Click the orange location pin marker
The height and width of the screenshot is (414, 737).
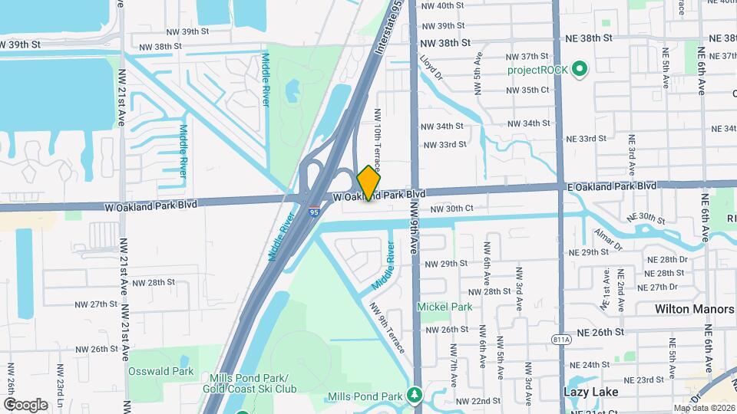pos(369,182)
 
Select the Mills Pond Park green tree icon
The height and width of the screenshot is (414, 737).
pos(415,395)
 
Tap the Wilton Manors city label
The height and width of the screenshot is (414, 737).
pos(694,309)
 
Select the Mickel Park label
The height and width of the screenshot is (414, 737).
pos(444,307)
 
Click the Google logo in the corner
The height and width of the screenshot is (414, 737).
pos(25,404)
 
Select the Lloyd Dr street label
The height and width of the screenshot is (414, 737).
pos(431,67)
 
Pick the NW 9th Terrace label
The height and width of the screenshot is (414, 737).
pos(388,327)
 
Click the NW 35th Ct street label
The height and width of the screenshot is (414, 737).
pos(528,90)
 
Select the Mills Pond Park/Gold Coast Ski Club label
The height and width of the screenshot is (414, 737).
pos(245,384)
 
